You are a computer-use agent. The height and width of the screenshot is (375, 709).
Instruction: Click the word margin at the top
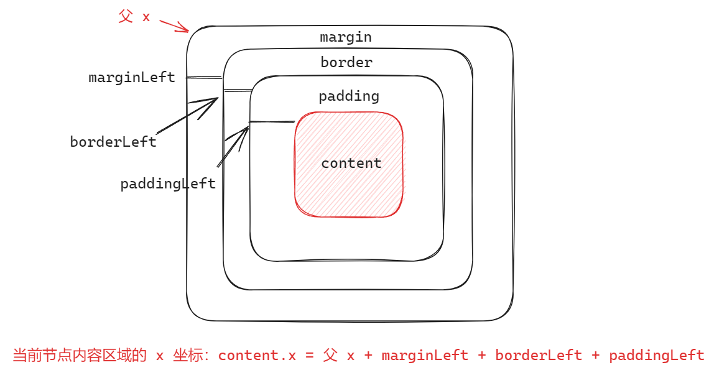tap(346, 37)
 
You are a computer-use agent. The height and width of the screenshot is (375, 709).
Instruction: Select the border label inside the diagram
tap(346, 63)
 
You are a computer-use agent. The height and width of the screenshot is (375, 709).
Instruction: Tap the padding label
tap(348, 96)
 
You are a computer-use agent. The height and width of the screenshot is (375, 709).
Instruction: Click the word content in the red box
tap(351, 164)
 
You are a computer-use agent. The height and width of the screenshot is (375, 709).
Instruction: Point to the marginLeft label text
tap(132, 78)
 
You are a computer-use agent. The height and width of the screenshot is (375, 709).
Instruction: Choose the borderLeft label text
tap(113, 142)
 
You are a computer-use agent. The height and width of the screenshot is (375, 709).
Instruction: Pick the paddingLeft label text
tap(168, 184)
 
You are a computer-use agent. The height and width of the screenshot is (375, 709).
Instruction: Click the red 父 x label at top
tap(134, 17)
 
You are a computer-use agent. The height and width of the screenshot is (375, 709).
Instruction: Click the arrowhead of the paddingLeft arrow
tap(244, 131)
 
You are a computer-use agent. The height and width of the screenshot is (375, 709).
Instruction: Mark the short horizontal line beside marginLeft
tap(204, 78)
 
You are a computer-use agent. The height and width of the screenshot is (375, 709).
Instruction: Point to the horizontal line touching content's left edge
tap(272, 122)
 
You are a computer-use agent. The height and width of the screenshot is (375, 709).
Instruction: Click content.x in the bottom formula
tap(257, 356)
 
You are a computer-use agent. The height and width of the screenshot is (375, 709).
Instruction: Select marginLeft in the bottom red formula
tap(425, 356)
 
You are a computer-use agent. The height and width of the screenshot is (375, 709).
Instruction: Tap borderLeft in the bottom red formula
tap(539, 356)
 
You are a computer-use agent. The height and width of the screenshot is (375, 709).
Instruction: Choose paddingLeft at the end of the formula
tap(656, 356)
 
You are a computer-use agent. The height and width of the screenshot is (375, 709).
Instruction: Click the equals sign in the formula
tap(310, 356)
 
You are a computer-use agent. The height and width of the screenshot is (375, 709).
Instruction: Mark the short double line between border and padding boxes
tap(237, 91)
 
